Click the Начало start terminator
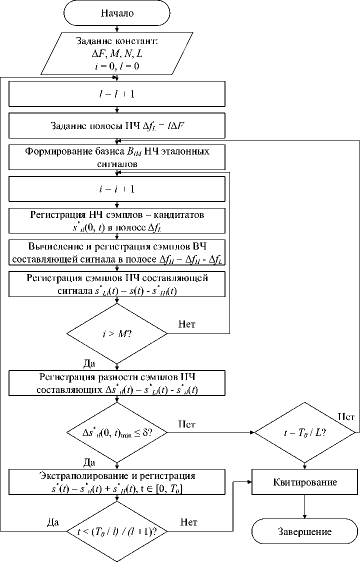tap(117, 13)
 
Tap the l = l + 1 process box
tap(117, 94)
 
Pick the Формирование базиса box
tap(117, 157)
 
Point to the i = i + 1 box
tap(117, 189)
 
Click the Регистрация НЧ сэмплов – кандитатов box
tap(117, 220)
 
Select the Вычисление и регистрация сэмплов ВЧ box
tap(117, 252)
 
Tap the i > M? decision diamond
tap(117, 333)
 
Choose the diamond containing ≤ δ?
tap(117, 431)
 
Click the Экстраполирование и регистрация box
tap(117, 481)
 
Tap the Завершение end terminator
tap(304, 531)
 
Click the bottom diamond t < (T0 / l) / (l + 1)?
tap(117, 531)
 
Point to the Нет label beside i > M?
tap(187, 324)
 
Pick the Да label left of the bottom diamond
tap(52, 522)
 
